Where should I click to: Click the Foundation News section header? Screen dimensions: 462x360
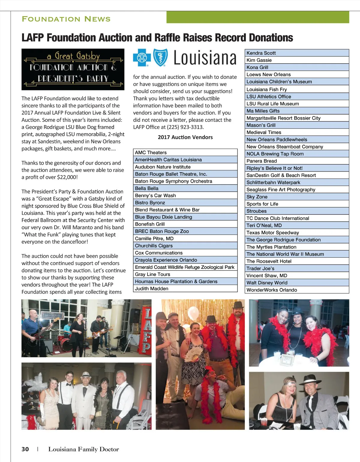point(66,19)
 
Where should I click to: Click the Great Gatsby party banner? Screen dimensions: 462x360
point(73,69)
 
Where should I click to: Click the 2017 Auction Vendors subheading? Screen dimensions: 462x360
point(185,137)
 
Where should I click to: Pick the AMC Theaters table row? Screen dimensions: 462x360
point(185,152)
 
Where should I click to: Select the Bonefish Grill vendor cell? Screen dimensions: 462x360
point(185,224)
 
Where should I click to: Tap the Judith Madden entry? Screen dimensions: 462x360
point(185,289)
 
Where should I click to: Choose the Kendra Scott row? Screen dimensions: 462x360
point(297,53)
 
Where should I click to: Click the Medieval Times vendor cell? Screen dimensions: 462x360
point(297,132)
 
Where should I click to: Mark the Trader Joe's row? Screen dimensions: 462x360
point(297,268)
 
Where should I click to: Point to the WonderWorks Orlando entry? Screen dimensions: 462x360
point(297,290)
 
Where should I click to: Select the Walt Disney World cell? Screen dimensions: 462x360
point(297,283)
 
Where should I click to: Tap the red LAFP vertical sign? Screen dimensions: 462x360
point(147,330)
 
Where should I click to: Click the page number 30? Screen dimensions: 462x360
point(25,449)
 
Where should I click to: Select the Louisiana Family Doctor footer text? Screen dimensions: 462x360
point(83,449)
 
